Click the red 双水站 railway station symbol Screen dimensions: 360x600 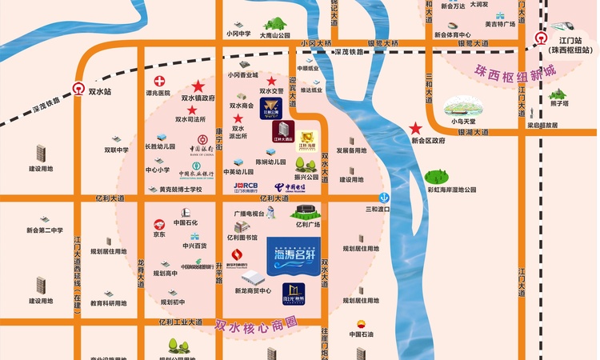click(x=79, y=90)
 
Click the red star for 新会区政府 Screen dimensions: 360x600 click(x=415, y=128)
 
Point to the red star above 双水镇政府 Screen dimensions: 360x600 click(x=198, y=86)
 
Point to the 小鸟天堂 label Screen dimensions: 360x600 click(x=462, y=121)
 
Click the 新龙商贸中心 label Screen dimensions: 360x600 click(x=254, y=290)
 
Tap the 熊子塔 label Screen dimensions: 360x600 click(x=559, y=103)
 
